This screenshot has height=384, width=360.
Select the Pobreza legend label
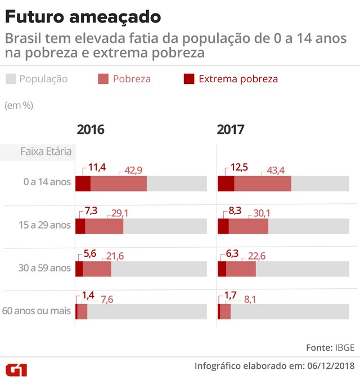132,79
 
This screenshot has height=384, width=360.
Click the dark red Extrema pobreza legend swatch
190,79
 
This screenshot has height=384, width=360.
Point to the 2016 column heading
91,130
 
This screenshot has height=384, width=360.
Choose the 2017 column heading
231,130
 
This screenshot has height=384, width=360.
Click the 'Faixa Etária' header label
45,151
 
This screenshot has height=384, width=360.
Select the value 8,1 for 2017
250,300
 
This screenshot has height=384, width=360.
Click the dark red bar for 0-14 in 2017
226,184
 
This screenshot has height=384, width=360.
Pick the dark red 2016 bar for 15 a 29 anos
80,225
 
